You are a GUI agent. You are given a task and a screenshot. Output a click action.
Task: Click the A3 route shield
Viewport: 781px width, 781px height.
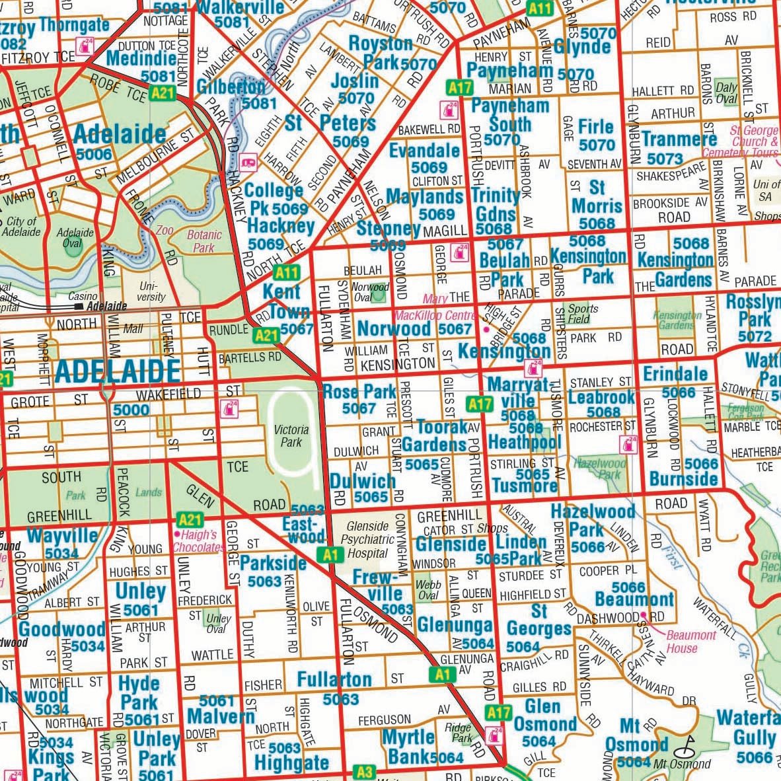click(364, 771)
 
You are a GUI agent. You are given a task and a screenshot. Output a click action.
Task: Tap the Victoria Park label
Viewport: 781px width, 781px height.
click(291, 436)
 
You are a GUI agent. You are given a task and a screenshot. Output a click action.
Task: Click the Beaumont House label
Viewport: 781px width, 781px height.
click(690, 642)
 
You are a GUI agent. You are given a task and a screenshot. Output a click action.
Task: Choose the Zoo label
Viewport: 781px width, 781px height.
click(165, 231)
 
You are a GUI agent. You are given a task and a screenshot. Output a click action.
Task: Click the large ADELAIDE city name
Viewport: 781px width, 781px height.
click(117, 371)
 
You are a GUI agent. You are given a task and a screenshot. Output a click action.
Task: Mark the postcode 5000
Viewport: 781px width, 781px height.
click(131, 410)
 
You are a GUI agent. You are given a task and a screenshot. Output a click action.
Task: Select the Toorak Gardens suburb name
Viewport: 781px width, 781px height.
click(435, 435)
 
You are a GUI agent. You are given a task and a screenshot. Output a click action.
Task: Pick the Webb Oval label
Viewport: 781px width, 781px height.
click(428, 590)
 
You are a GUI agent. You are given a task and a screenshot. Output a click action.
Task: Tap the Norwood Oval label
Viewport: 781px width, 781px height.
click(370, 292)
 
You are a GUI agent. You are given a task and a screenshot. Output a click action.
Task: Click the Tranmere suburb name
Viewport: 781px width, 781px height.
click(679, 139)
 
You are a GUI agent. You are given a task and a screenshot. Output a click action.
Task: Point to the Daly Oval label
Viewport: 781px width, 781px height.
click(726, 93)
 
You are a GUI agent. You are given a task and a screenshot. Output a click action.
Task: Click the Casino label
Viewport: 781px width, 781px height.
click(83, 297)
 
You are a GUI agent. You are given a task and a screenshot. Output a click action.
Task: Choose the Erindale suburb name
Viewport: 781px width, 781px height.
click(675, 373)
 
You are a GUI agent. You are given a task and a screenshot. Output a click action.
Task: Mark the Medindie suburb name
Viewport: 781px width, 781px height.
click(141, 58)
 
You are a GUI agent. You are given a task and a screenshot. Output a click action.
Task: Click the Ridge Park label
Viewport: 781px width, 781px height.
click(458, 733)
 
